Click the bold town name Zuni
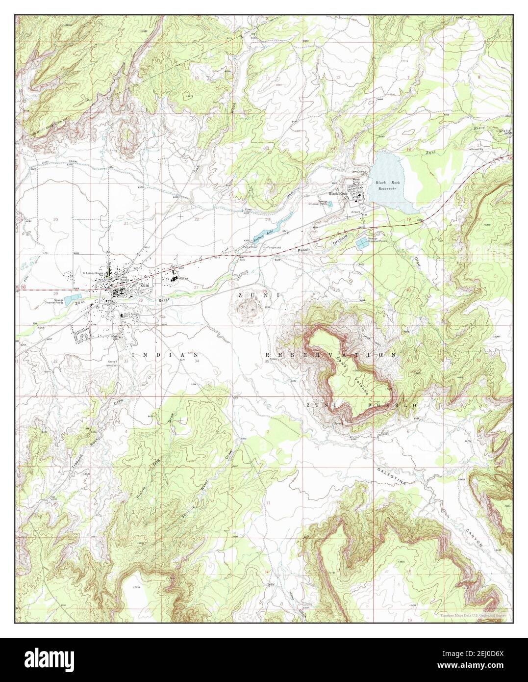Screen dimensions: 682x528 144,285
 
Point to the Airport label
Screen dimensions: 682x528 356,211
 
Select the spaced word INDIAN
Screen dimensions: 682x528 165,354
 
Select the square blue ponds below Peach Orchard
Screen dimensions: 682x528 362,243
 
